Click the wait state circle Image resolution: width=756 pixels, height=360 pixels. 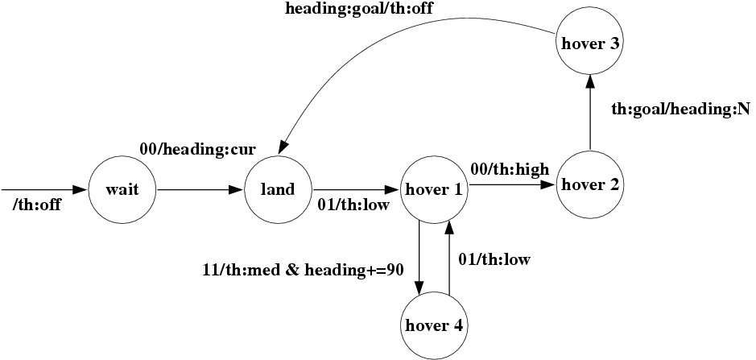pyautogui.click(x=122, y=190)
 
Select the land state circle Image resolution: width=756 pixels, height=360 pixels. pyautogui.click(x=277, y=190)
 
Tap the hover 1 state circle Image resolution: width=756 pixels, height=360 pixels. pyautogui.click(x=434, y=190)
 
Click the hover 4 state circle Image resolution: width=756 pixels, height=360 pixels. pyautogui.click(x=434, y=325)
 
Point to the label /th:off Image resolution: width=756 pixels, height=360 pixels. pyautogui.click(x=37, y=205)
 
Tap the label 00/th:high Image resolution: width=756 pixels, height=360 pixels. pyautogui.click(x=510, y=168)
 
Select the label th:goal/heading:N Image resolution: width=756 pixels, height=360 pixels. pyautogui.click(x=680, y=109)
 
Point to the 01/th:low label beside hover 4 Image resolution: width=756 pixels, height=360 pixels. pyautogui.click(x=495, y=259)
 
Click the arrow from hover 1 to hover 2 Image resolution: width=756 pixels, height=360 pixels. pyautogui.click(x=512, y=184)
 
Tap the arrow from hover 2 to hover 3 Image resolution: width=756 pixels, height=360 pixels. pyautogui.click(x=590, y=113)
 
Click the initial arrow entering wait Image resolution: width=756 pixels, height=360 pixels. pyautogui.click(x=44, y=190)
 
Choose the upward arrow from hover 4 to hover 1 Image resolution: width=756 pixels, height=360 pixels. pyautogui.click(x=449, y=258)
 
